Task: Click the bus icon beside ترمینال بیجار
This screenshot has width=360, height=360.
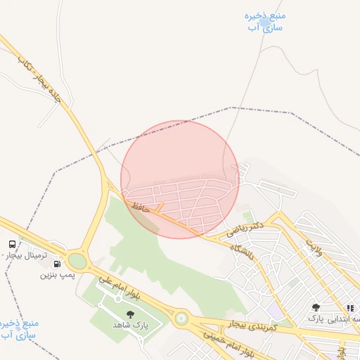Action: point(12,244)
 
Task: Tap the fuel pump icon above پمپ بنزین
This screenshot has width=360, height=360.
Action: point(58,264)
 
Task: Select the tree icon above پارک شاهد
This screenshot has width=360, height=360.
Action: point(130,314)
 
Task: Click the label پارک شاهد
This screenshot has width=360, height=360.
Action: point(130,326)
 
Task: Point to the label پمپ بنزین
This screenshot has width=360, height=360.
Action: point(57,274)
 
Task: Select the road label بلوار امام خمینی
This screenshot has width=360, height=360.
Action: point(232,342)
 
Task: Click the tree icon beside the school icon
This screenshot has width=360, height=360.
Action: point(316,307)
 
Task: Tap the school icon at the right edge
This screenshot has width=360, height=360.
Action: point(350,308)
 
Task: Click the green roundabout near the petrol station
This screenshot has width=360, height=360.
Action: point(77,261)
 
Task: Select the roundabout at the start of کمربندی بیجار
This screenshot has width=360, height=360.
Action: point(181,319)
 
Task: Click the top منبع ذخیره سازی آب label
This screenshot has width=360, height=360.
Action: point(264,21)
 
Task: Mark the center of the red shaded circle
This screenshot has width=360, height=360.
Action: point(180,179)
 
